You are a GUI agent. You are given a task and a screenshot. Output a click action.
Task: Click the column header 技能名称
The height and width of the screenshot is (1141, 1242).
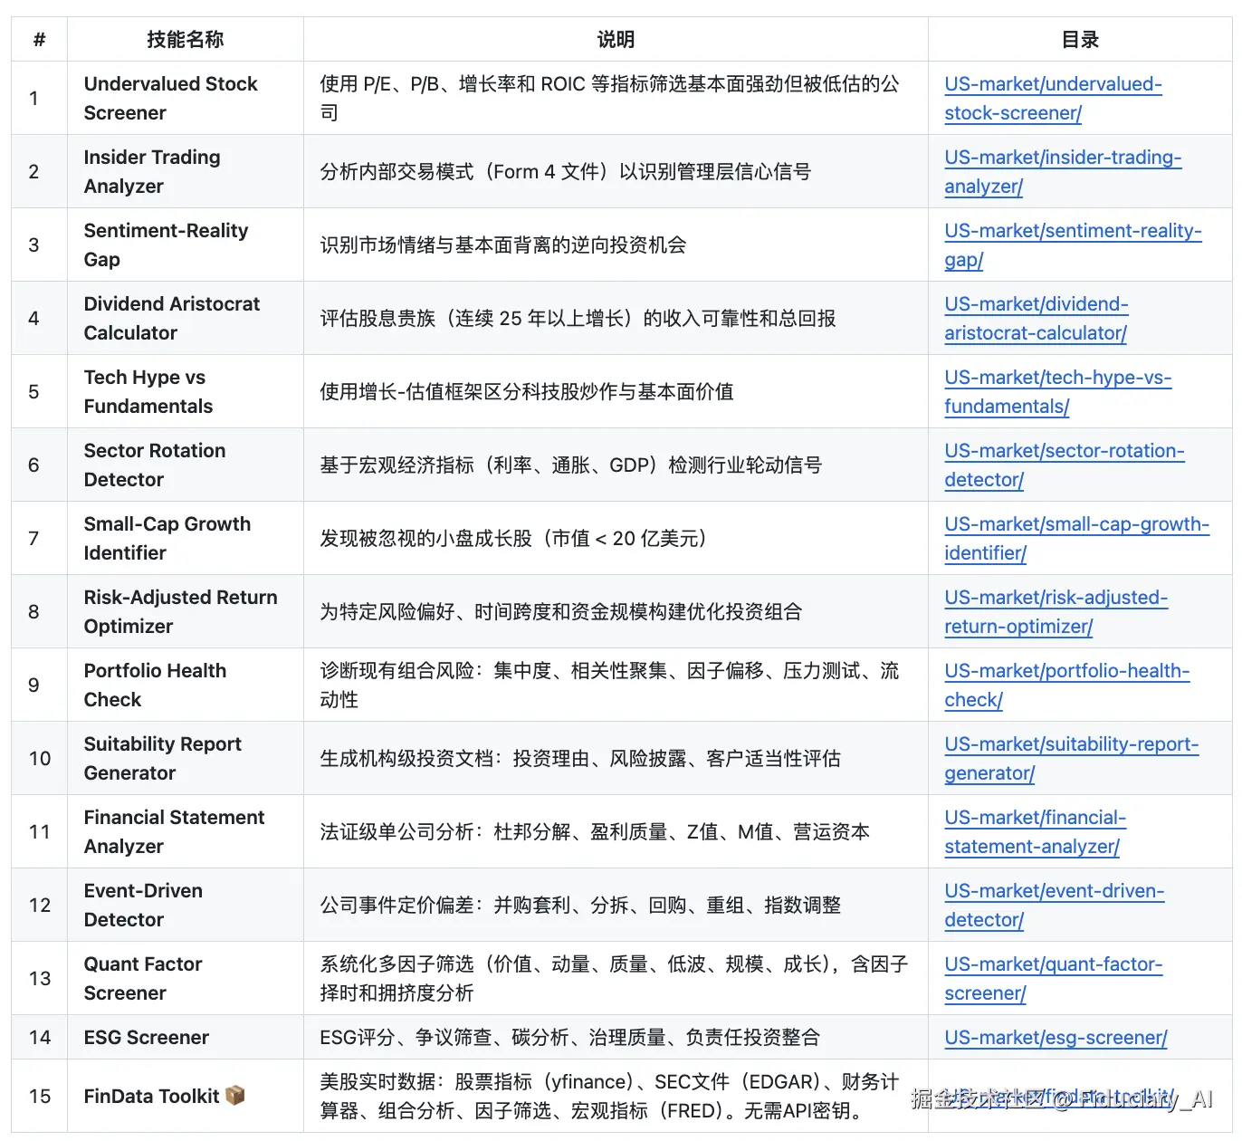185,40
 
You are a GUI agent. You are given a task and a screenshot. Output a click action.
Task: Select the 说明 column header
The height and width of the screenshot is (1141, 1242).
616,40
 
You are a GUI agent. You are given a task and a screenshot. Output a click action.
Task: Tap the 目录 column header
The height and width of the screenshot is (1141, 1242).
1080,40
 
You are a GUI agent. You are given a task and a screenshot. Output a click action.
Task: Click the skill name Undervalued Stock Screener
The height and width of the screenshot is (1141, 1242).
170,98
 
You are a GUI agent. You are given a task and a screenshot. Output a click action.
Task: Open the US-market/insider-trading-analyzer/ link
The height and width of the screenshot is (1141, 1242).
1062,172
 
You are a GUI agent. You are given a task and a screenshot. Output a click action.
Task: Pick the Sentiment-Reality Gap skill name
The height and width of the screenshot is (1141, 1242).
166,244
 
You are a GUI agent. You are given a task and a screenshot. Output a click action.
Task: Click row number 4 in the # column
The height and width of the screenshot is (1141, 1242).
34,319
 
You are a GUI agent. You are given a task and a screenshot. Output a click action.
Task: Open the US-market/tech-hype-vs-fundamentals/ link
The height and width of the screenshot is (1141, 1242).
1057,392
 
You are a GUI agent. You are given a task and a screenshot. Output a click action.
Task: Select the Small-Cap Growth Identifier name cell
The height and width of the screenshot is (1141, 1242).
167,538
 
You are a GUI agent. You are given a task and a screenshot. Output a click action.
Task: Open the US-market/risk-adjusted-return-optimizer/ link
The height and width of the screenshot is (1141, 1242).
1056,612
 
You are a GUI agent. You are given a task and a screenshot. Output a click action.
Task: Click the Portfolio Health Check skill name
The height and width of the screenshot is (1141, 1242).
155,685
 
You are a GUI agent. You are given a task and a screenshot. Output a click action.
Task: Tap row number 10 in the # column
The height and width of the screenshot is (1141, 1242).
40,759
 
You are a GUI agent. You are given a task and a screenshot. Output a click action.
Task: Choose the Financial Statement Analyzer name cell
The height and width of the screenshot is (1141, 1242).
174,831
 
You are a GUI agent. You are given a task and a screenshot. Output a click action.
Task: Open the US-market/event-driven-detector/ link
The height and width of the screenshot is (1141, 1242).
1054,906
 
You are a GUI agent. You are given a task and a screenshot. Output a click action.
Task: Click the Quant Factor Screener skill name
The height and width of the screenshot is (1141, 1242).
143,978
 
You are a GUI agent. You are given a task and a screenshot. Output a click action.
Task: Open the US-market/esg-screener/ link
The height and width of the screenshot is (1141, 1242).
1056,1038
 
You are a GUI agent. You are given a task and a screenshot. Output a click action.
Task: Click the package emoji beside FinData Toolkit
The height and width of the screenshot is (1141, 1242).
235,1096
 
